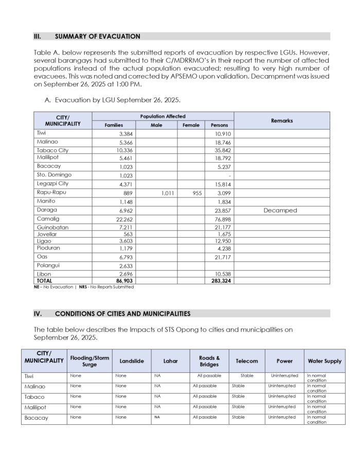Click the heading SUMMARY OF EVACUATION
click(x=97, y=37)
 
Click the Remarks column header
click(x=281, y=120)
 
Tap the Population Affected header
click(x=163, y=117)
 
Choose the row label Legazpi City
click(x=52, y=184)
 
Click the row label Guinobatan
click(x=52, y=227)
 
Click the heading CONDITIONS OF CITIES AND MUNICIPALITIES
click(x=122, y=313)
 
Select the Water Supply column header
click(x=325, y=361)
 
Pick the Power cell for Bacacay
click(x=283, y=417)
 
